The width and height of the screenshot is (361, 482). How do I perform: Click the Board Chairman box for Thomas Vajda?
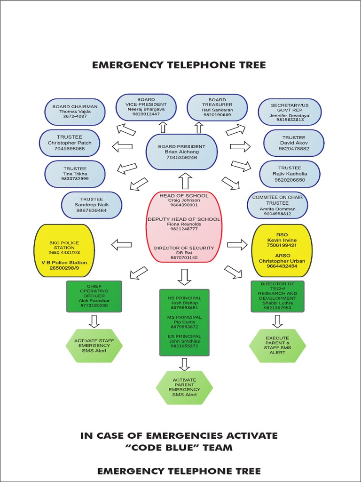click(x=75, y=112)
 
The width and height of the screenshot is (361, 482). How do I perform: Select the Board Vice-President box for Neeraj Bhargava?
click(x=146, y=107)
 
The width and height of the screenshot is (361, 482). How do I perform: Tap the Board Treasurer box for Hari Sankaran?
click(x=217, y=107)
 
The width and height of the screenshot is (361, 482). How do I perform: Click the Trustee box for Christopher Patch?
click(x=70, y=143)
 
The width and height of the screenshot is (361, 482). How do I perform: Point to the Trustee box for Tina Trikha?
click(x=75, y=174)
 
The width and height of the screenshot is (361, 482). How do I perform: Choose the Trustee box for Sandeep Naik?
click(x=91, y=205)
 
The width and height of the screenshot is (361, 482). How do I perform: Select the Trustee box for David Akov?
click(x=294, y=143)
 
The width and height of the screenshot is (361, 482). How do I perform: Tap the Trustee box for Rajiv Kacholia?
click(x=290, y=174)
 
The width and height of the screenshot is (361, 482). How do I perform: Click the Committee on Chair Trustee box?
click(x=277, y=205)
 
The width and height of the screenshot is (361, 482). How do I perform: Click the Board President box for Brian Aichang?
click(x=181, y=152)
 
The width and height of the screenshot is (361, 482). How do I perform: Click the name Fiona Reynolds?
click(x=183, y=224)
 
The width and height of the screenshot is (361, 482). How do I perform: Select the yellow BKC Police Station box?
click(x=64, y=250)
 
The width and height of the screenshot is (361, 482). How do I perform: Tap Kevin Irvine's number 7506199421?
click(x=282, y=245)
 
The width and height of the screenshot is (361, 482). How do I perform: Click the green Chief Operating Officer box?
click(x=94, y=296)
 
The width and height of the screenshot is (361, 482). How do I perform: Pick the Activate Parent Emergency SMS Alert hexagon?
click(x=184, y=387)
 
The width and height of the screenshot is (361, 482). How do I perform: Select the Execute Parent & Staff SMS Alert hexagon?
click(x=277, y=345)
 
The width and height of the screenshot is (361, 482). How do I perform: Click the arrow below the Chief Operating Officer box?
click(x=94, y=321)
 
